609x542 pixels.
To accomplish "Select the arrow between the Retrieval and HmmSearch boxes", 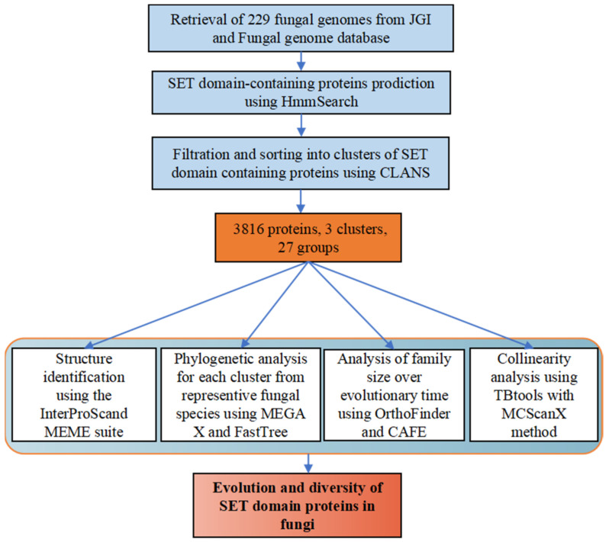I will [307, 61].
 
